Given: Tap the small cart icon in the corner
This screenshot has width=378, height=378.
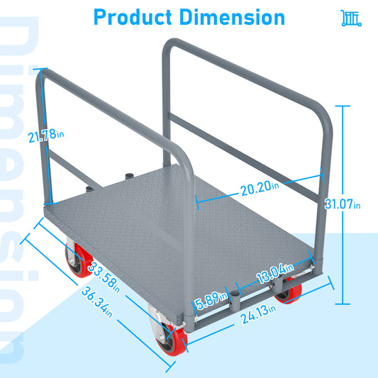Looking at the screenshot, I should click(351, 18).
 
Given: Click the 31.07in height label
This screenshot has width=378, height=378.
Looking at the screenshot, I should click(348, 204).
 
